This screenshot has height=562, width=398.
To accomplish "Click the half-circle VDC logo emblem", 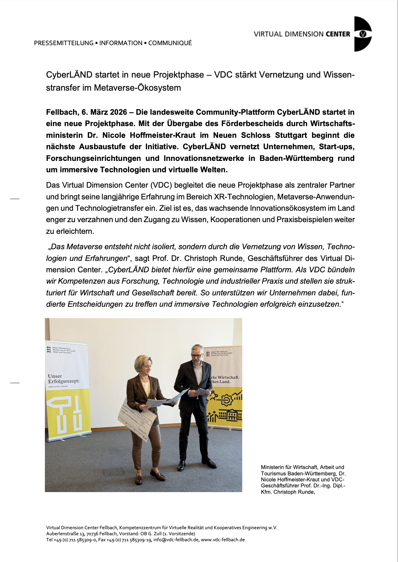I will (362, 34).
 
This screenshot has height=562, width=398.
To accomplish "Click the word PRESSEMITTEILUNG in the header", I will (64, 43).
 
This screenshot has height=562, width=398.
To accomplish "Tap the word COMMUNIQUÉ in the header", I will (170, 43).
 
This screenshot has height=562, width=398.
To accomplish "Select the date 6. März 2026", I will (104, 112).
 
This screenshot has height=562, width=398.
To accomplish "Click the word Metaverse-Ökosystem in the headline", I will (137, 88).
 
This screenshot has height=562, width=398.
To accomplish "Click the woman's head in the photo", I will (143, 365).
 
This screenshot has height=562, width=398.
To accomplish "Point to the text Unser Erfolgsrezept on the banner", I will (63, 379).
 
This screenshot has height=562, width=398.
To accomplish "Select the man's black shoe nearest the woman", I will (181, 465).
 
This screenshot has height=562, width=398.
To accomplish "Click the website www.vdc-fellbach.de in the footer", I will (223, 540).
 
